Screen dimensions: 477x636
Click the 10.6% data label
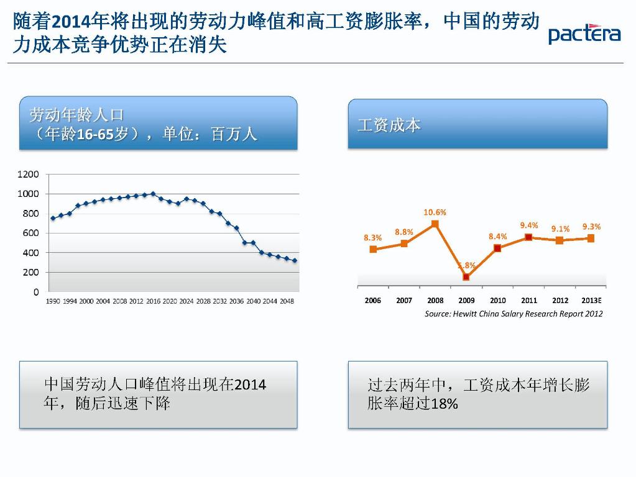tap(435, 212)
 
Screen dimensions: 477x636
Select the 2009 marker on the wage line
tap(466, 276)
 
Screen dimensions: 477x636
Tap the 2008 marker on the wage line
tap(435, 224)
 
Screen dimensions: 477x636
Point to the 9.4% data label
tap(529, 225)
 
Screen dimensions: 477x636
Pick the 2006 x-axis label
tap(373, 301)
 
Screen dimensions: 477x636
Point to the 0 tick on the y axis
tap(36, 291)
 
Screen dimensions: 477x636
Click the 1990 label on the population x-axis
tap(53, 301)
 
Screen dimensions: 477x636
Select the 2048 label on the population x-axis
tap(287, 301)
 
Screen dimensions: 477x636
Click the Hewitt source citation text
tap(514, 314)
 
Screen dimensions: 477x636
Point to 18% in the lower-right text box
tap(444, 404)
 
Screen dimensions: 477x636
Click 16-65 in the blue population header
tap(94, 134)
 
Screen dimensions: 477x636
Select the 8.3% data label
tap(372, 237)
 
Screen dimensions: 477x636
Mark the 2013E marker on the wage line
tap(591, 238)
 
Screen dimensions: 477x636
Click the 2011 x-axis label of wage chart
tap(529, 301)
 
